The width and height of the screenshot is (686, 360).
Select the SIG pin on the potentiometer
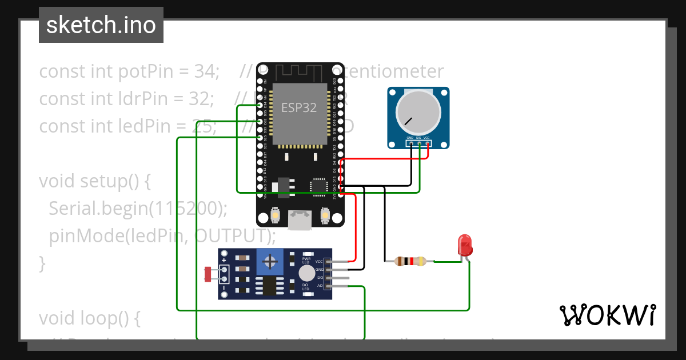(420, 143)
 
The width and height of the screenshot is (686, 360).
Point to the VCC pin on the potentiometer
(427, 143)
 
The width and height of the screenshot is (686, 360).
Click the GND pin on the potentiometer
(411, 143)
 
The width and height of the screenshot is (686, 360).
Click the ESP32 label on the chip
(298, 107)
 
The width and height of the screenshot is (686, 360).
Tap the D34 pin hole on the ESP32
(260, 105)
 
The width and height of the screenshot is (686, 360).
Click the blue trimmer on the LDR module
(271, 262)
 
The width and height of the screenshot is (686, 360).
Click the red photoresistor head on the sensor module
(208, 275)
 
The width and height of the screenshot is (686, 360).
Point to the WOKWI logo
(607, 315)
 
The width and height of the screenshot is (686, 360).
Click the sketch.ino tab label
(101, 25)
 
